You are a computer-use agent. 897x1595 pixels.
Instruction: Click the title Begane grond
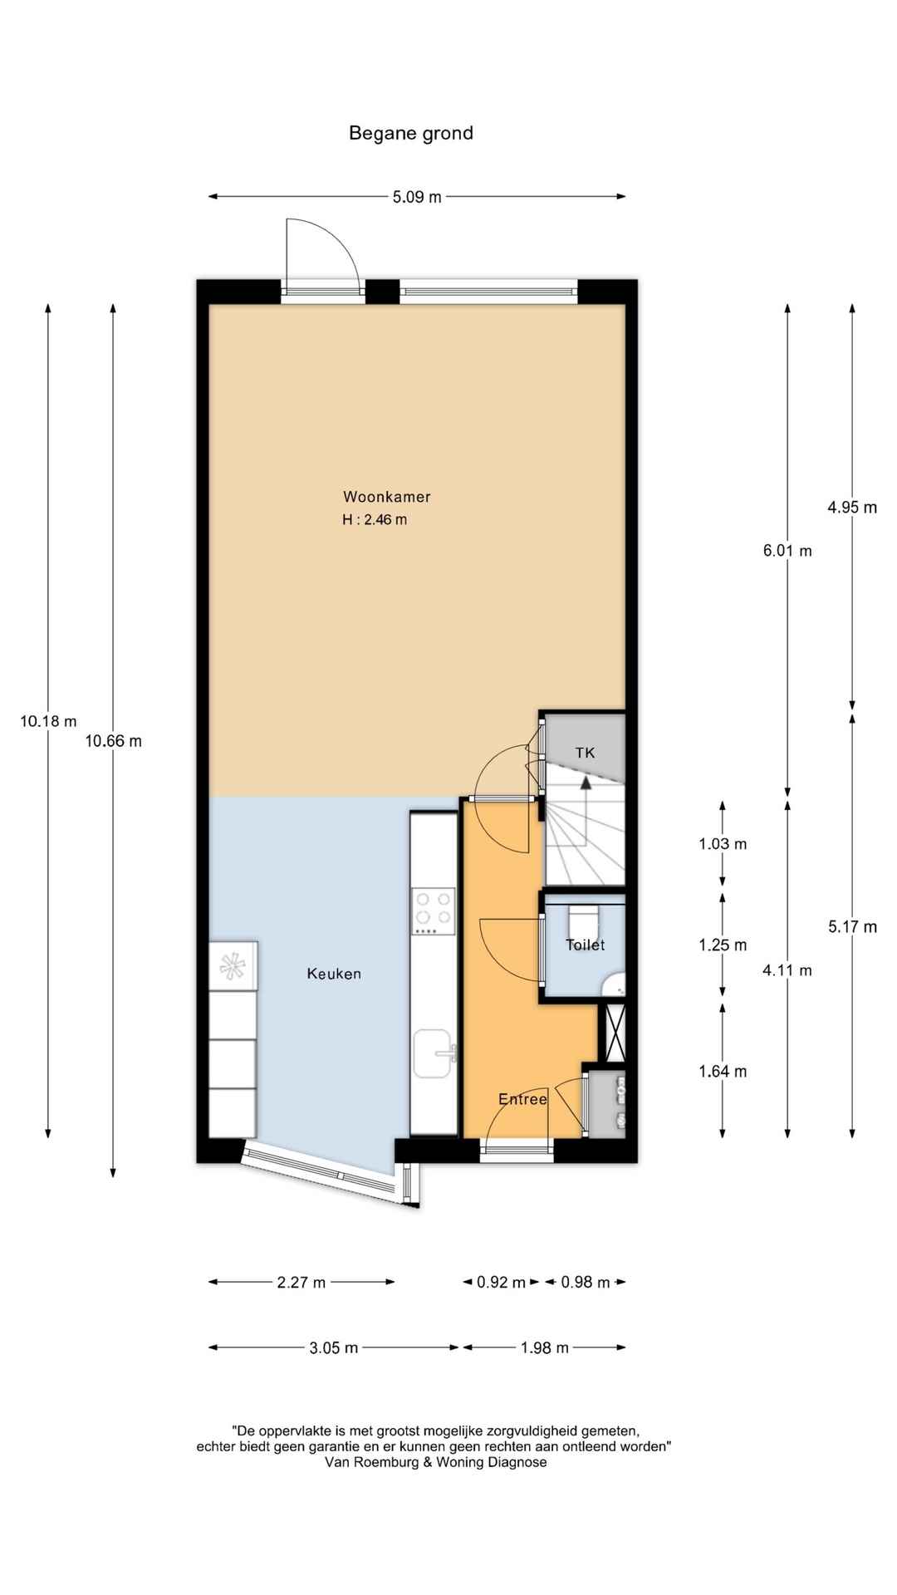[411, 133]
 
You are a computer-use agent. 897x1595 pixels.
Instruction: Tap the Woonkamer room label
[387, 497]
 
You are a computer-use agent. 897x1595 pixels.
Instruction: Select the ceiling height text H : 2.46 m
[375, 520]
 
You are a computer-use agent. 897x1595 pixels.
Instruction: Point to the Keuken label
[334, 974]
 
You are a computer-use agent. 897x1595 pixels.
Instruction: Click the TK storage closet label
[586, 753]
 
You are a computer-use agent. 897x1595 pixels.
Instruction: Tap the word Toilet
[586, 945]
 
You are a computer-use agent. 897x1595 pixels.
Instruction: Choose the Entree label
[522, 1099]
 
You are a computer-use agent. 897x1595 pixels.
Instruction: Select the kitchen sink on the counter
[434, 1053]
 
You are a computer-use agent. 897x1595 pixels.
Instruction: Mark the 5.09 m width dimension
[417, 197]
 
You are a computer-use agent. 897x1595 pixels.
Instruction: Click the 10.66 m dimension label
[114, 741]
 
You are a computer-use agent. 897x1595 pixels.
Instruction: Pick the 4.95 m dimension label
[852, 507]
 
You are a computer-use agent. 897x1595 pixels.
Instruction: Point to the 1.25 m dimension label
[723, 945]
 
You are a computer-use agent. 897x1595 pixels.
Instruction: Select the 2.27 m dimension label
[301, 1282]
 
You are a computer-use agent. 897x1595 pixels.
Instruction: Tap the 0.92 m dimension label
[501, 1282]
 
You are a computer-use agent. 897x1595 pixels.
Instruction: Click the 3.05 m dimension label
[334, 1347]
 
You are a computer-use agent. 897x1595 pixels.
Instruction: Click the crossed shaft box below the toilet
[615, 1033]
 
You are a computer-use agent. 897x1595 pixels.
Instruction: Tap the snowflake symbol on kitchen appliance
[233, 964]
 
